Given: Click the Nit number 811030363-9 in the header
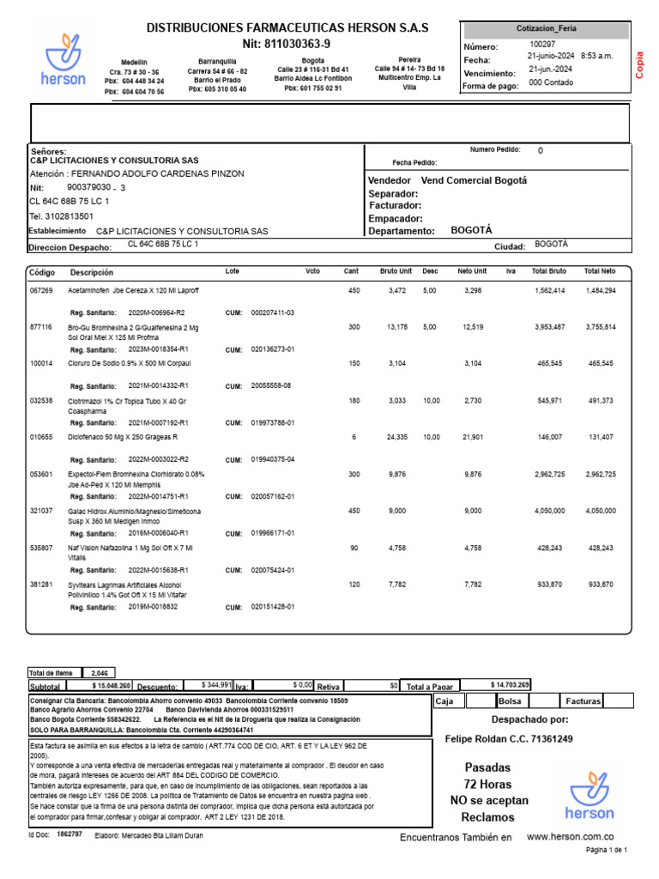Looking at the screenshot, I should point(287,44).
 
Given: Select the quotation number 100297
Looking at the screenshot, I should point(542,44).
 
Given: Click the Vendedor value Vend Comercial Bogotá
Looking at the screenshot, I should point(474,180).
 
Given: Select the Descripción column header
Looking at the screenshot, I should point(91,272).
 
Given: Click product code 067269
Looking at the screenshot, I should point(41,291).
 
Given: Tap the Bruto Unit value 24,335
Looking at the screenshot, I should point(396,437).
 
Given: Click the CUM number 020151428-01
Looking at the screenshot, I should point(273,606).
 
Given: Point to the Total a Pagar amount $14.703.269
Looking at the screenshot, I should point(510,685).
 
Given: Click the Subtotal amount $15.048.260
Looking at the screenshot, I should point(111,686).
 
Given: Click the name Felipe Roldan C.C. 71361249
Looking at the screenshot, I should point(510,738).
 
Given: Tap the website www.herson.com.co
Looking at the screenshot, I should point(569,836).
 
